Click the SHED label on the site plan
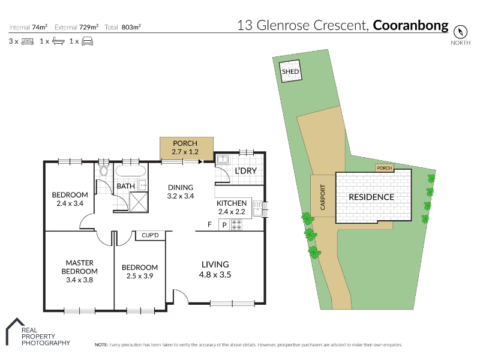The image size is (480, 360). (x=290, y=71)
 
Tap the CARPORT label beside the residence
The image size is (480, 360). (x=322, y=197)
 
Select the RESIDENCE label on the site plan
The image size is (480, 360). (x=371, y=197)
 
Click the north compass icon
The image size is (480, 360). (x=460, y=32)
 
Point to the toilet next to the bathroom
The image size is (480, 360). (x=104, y=170)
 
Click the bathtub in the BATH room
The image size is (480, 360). (x=130, y=171)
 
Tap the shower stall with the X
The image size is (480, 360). (x=139, y=202)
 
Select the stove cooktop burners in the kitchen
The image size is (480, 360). (x=236, y=225)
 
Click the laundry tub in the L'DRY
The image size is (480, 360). (x=223, y=160)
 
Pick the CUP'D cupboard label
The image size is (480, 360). (x=150, y=235)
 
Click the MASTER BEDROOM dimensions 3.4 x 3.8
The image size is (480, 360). (x=79, y=280)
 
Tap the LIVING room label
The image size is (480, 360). (x=215, y=264)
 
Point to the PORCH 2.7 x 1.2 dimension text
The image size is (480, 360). (x=185, y=152)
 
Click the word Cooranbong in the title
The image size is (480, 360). (x=410, y=25)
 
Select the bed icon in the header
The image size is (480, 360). (x=27, y=41)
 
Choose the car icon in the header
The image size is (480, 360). (x=87, y=41)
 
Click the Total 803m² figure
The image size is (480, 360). (x=122, y=27)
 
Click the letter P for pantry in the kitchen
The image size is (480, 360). (x=224, y=226)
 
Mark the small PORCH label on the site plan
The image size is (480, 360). (x=385, y=168)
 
